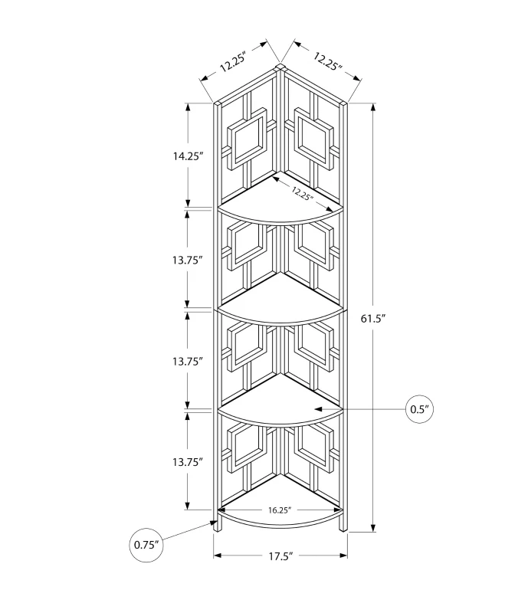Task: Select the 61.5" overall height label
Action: coord(394,320)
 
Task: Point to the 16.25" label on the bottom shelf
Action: coord(280,508)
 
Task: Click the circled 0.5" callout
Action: coord(419,410)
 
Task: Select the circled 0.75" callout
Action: coord(146,545)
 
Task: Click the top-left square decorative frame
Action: coord(250,139)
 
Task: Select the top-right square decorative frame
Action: coord(310,139)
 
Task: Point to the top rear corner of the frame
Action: coord(280,69)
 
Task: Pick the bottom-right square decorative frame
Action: coord(313,445)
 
